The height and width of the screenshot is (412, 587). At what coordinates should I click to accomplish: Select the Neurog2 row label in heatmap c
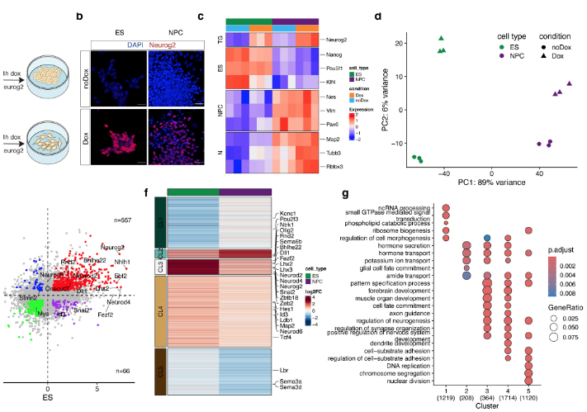[333, 39]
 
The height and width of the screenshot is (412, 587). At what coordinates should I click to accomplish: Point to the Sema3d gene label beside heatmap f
[290, 397]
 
